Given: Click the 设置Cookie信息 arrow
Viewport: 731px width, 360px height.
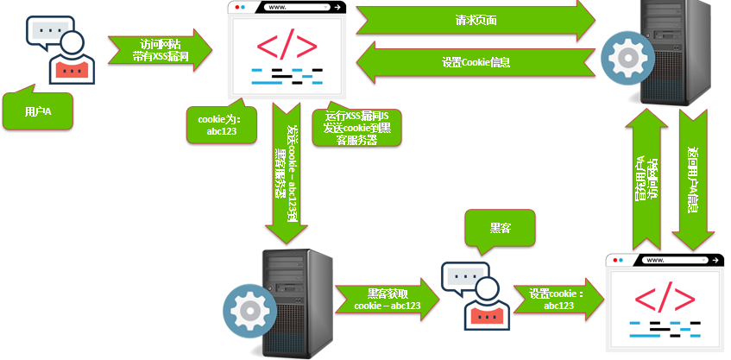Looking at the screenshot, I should [475, 62].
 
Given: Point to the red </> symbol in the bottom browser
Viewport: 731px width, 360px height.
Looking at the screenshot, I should [665, 297].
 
